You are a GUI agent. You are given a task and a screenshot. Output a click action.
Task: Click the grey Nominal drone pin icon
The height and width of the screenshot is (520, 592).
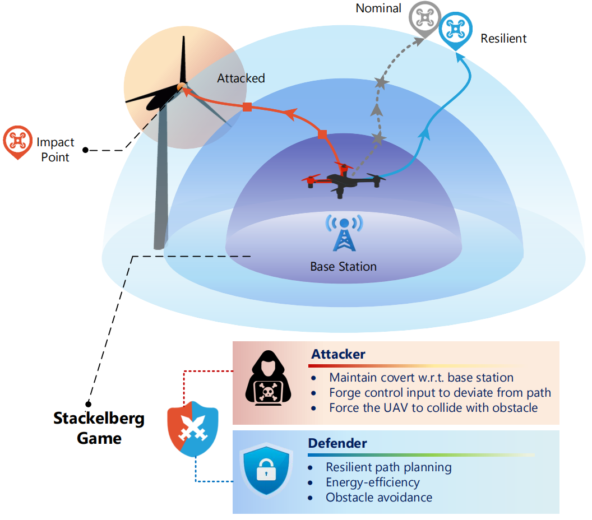pos(425,19)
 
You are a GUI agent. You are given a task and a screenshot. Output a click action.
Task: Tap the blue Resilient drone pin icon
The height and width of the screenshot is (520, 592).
pos(456,30)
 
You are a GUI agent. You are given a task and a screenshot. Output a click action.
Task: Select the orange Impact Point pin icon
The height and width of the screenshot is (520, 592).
pos(17,142)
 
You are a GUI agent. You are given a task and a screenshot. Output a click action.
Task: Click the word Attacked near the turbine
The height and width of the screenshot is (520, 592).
pos(241,78)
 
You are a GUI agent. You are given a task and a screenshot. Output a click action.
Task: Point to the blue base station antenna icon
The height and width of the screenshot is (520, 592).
pos(344,233)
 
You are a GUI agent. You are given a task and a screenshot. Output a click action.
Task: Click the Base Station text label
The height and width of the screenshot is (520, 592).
pos(343,266)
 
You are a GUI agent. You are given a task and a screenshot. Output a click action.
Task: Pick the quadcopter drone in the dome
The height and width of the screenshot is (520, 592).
pos(343,180)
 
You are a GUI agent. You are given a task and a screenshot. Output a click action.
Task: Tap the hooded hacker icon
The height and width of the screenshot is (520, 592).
pos(268,378)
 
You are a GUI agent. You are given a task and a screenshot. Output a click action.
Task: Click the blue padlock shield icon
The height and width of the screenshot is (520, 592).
pos(266,470)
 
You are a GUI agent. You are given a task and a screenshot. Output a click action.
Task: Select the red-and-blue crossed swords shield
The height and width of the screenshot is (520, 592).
pos(193,429)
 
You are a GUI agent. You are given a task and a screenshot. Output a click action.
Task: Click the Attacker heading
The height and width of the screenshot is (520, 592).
pos(338,354)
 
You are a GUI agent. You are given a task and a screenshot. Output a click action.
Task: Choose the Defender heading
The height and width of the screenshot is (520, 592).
pos(337,443)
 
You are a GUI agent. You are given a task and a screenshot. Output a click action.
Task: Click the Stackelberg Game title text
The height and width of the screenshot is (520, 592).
pos(99,428)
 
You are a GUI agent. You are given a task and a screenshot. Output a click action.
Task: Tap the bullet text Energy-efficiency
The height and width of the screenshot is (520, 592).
pos(373,482)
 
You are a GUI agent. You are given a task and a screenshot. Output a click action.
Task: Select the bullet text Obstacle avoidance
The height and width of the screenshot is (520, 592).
pos(379,498)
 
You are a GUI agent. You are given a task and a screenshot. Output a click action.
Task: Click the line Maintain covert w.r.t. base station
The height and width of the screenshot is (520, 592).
pos(422,377)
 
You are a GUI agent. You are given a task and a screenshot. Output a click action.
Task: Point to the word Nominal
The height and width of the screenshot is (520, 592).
pos(378,8)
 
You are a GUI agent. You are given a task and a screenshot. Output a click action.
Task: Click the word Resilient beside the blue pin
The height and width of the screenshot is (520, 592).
pos(503,39)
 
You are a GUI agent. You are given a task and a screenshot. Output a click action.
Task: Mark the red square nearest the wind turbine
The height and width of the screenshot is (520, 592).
pos(247,107)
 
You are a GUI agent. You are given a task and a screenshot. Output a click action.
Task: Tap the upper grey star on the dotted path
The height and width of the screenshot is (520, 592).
pos(381,82)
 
